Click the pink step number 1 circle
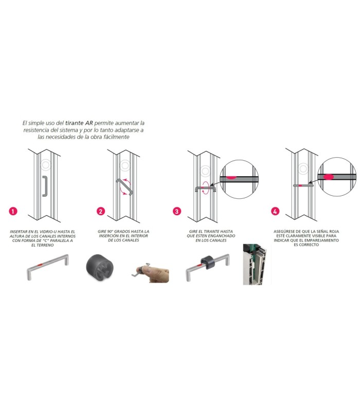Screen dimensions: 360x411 click(13, 211)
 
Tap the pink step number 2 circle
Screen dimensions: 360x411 click(101, 211)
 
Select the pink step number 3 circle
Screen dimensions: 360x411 click(177, 211)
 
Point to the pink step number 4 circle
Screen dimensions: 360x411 click(275, 211)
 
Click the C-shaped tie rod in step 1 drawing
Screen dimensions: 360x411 click(45, 186)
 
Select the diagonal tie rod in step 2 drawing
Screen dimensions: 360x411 click(124, 187)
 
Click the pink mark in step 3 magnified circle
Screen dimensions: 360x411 click(230, 178)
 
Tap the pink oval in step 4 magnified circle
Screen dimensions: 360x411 click(328, 177)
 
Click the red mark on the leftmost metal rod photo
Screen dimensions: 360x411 click(40, 265)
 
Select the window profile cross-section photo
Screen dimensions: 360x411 click(255, 264)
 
